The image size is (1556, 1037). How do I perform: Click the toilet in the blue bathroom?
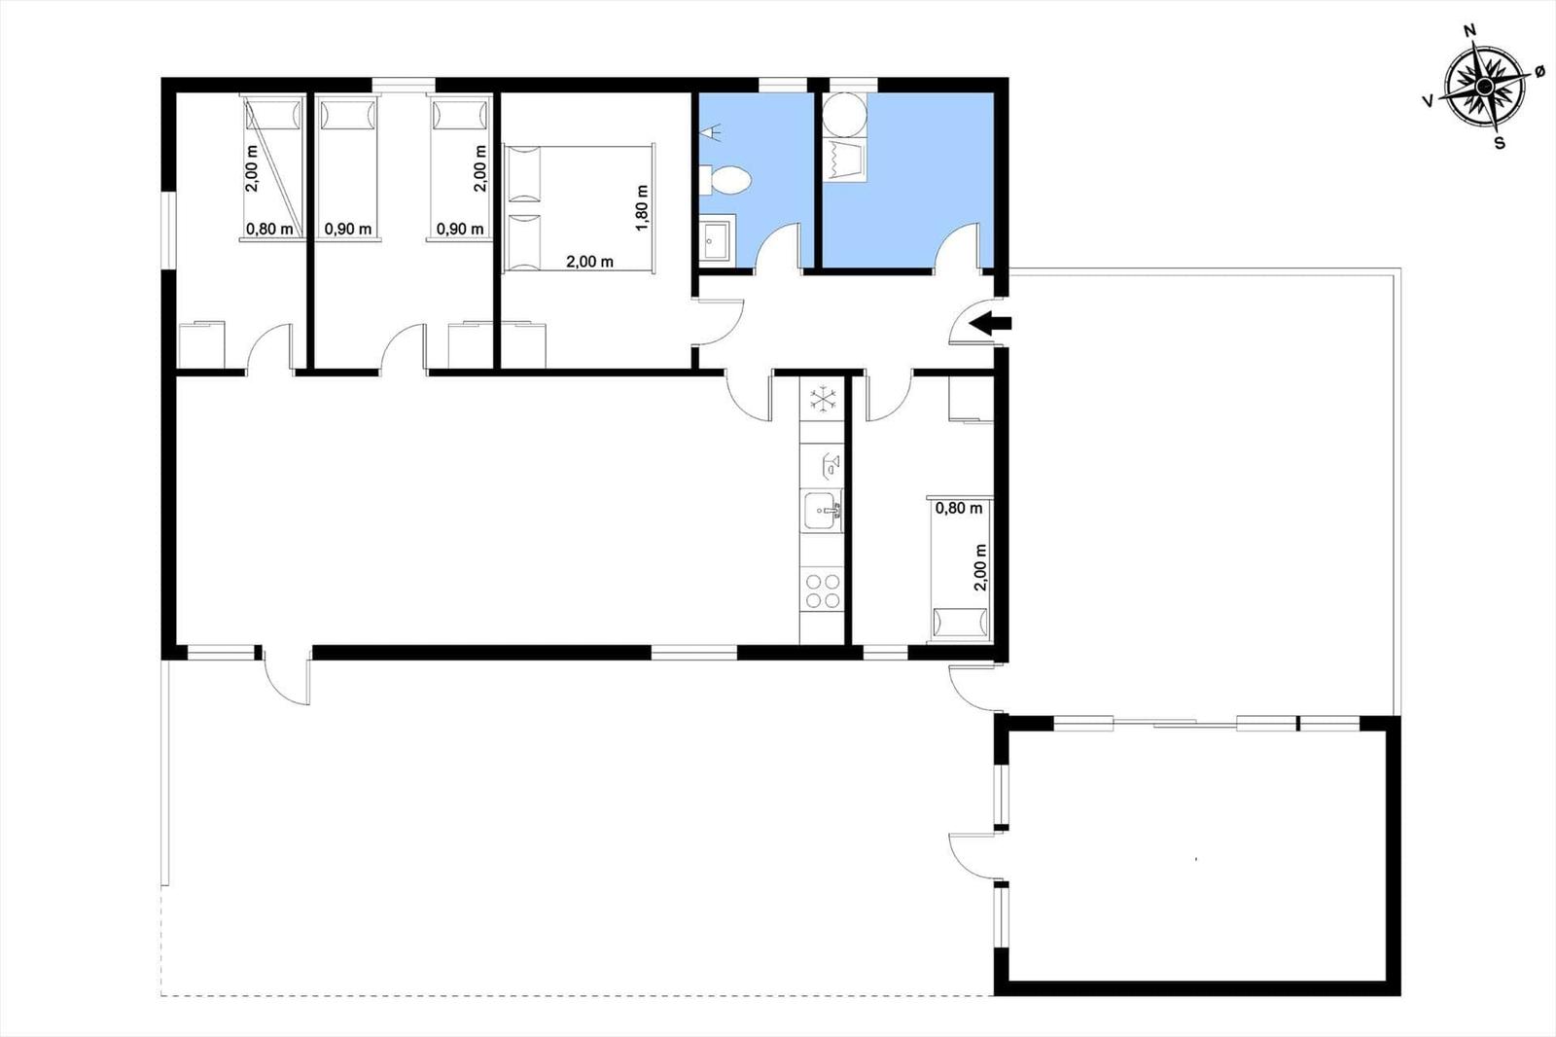coord(725,181)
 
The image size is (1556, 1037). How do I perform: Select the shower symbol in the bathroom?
coord(711,131)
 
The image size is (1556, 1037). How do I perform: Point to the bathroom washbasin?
coord(715,239)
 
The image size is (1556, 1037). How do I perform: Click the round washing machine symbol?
coord(845,115)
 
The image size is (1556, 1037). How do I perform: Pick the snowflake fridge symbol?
coord(823,400)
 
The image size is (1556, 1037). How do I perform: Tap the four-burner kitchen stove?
coord(823,590)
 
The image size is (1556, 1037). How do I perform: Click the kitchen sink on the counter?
coord(823,511)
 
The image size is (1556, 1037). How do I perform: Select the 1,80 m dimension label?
coord(642,208)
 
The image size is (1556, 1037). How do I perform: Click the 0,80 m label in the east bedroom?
coord(959,508)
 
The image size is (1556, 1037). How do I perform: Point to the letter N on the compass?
coord(1469,50)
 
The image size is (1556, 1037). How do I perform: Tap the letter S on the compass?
coord(1499,143)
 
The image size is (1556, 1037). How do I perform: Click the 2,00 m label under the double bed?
coord(589,262)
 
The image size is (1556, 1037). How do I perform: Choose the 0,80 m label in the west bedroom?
coord(269,229)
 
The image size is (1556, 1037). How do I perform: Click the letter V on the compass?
coord(1429,101)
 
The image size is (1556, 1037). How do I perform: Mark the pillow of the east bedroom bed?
coord(960,622)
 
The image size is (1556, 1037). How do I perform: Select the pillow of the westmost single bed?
coord(273,113)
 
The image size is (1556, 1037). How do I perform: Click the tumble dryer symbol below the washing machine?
coord(845,160)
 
